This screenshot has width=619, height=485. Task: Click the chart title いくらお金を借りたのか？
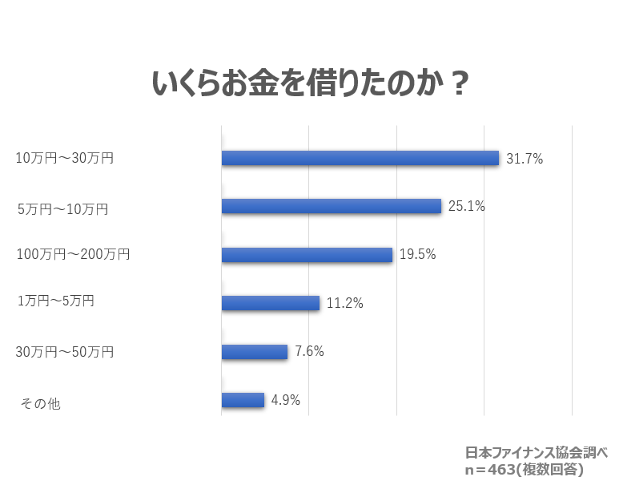coord(310,83)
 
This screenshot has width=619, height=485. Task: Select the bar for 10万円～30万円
coord(360,158)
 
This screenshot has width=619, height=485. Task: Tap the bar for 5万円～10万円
coord(332,206)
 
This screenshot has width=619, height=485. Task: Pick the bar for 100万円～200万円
coord(307,255)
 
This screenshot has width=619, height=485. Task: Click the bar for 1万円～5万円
coord(271,303)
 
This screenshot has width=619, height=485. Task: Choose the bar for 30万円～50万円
coord(255,352)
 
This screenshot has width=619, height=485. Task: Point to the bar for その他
coord(243,400)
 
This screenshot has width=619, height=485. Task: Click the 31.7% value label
coord(525,159)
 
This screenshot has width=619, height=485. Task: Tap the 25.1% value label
coord(467,206)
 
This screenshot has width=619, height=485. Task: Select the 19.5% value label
coord(417,255)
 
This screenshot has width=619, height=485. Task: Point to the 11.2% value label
coord(345,303)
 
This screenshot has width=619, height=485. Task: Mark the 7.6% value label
coord(309,351)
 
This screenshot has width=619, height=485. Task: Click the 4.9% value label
coord(286,400)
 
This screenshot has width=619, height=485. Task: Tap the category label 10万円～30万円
coord(65,158)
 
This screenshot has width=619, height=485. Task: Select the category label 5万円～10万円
coord(63,210)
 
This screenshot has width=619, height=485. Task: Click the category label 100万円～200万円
coord(73,255)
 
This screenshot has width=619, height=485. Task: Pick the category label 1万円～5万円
coord(56,301)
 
